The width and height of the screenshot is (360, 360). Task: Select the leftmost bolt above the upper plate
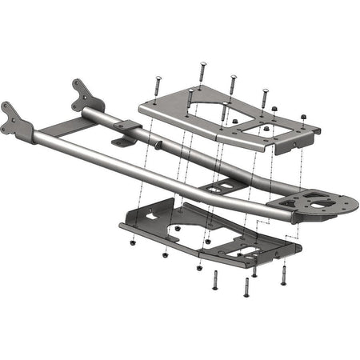click(x=158, y=87)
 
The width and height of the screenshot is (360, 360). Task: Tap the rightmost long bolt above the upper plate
click(x=264, y=98)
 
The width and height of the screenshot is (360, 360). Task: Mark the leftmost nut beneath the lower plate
click(x=133, y=242)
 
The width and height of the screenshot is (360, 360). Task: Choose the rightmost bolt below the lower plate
click(x=283, y=275)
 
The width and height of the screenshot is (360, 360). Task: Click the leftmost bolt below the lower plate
click(x=216, y=280)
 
